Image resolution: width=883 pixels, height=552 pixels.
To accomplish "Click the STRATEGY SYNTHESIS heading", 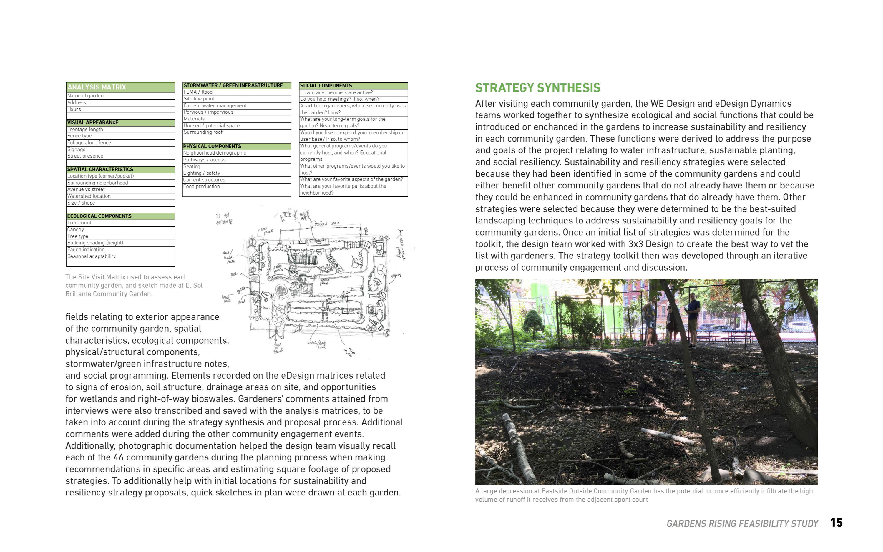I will tap(538, 88).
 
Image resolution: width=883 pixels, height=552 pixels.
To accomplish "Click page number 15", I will tap(837, 523).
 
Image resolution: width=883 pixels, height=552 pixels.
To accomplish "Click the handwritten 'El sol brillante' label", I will tap(224, 218).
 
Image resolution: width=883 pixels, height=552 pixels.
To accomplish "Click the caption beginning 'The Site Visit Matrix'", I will tap(134, 286).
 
